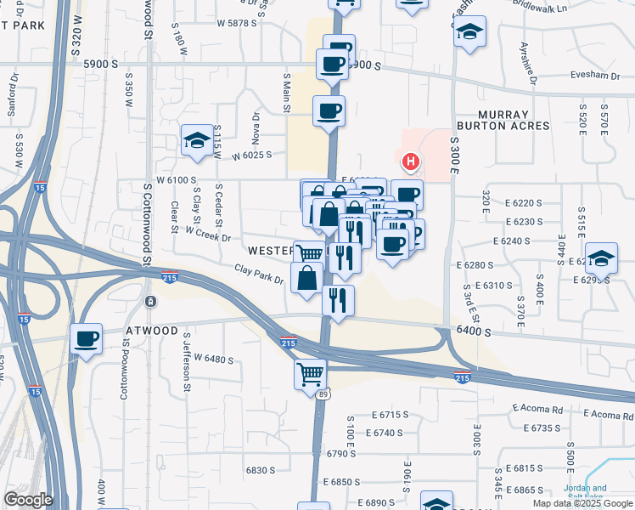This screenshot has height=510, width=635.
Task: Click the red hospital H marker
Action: coord(411,161)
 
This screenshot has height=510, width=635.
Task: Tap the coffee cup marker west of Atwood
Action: coord(87,338)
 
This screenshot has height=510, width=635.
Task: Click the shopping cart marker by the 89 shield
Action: coord(310,372)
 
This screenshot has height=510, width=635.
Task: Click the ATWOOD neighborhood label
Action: coord(152,331)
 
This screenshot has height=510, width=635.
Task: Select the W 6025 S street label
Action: coord(251,155)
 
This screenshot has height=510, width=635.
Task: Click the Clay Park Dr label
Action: coord(259,275)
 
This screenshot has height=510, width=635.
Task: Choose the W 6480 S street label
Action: coord(213,359)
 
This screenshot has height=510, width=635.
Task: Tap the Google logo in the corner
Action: coord(27,500)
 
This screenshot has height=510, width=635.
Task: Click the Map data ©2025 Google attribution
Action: coord(582,503)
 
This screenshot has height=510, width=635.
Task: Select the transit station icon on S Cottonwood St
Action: coord(150,302)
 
